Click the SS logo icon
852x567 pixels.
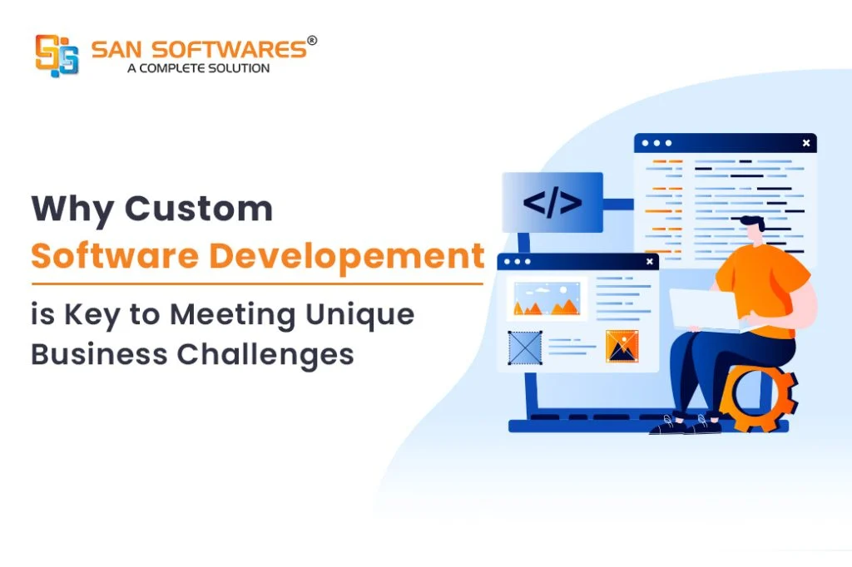(57, 55)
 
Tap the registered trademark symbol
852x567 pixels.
(312, 40)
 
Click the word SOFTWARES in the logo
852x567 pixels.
(229, 50)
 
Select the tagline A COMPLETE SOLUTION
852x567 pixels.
(198, 68)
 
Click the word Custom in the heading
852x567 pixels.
(198, 209)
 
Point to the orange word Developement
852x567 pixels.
(347, 256)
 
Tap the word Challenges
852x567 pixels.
(265, 355)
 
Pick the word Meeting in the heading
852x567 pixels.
(233, 315)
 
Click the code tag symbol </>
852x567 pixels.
(552, 203)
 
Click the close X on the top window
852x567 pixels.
(806, 143)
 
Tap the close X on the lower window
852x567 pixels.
(650, 262)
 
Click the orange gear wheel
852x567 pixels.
(758, 397)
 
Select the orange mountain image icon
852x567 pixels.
(622, 346)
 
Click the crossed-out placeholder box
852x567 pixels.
(525, 348)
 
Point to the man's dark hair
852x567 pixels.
(752, 222)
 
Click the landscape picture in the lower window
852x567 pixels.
(547, 298)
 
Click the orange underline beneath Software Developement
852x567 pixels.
(257, 283)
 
